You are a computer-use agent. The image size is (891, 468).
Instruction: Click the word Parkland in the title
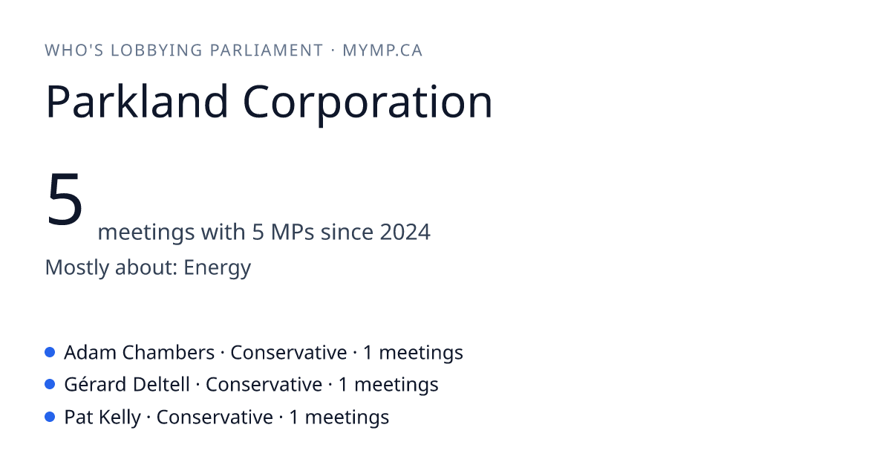point(137,101)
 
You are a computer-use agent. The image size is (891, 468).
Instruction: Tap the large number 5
point(65,199)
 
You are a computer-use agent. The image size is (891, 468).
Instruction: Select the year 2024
point(405,232)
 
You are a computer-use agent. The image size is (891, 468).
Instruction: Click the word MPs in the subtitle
point(293,232)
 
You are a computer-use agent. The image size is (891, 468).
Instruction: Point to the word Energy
point(217,268)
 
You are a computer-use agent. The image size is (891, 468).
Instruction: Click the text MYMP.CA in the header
point(382,51)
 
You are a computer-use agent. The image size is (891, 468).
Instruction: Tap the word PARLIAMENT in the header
point(267,51)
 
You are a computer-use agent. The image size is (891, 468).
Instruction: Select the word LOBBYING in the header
point(157,51)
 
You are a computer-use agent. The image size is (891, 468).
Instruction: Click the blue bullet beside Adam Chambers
point(50,352)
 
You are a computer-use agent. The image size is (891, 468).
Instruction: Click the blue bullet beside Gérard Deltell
point(50,385)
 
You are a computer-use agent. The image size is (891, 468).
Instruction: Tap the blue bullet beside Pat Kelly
point(50,417)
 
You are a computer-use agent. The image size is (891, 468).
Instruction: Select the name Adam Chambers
point(140,352)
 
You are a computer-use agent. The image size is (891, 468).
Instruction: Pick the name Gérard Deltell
point(127,384)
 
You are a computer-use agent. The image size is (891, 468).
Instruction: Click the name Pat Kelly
point(102,417)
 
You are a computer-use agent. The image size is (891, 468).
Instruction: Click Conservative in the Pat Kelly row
point(215,417)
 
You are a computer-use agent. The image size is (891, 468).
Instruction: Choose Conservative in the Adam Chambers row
point(289,352)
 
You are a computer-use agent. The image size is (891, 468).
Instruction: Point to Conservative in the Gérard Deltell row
point(264,385)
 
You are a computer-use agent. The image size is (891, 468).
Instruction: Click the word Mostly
point(76,268)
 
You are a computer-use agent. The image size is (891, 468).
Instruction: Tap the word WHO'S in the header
point(74,51)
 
